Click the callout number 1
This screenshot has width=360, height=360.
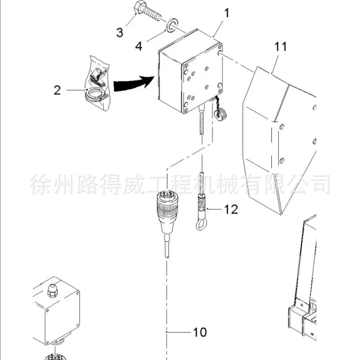click(227, 13)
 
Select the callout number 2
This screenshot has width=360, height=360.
click(57, 90)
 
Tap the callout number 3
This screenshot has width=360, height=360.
click(120, 32)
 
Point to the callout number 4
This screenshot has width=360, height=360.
click(139, 46)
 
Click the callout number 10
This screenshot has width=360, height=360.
click(200, 332)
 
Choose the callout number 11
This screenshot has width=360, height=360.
click(280, 47)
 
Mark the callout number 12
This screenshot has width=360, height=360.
click(231, 209)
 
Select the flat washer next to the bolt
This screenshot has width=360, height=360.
click(172, 25)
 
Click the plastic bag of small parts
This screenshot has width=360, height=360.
click(98, 83)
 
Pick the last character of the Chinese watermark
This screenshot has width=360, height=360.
click(319, 184)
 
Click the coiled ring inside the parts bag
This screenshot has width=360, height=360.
click(95, 94)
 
